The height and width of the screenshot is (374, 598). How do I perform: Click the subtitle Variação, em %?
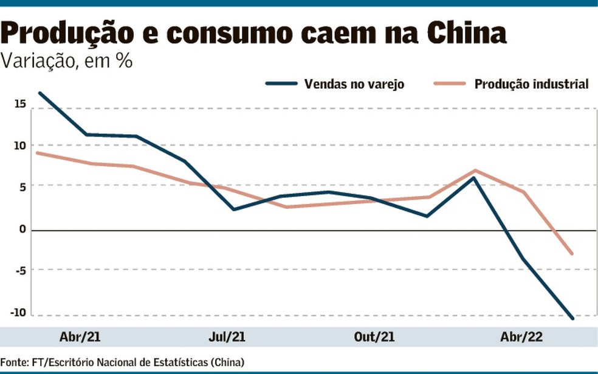pyautogui.click(x=67, y=61)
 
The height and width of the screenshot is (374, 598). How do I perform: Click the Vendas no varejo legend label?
pyautogui.click(x=354, y=84)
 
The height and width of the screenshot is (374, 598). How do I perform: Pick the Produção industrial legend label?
pyautogui.click(x=531, y=84)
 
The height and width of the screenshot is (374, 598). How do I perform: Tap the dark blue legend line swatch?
pyautogui.click(x=282, y=84)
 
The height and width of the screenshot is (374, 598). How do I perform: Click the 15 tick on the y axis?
pyautogui.click(x=21, y=104)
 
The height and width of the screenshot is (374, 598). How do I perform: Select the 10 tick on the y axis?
pyautogui.click(x=21, y=145)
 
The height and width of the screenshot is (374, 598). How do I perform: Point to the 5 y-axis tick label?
pyautogui.click(x=23, y=187)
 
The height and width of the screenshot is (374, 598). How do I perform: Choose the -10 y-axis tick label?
pyautogui.click(x=19, y=313)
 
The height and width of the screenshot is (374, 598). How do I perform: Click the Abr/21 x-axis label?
pyautogui.click(x=77, y=337)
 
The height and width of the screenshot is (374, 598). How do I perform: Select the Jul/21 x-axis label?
pyautogui.click(x=227, y=337)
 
